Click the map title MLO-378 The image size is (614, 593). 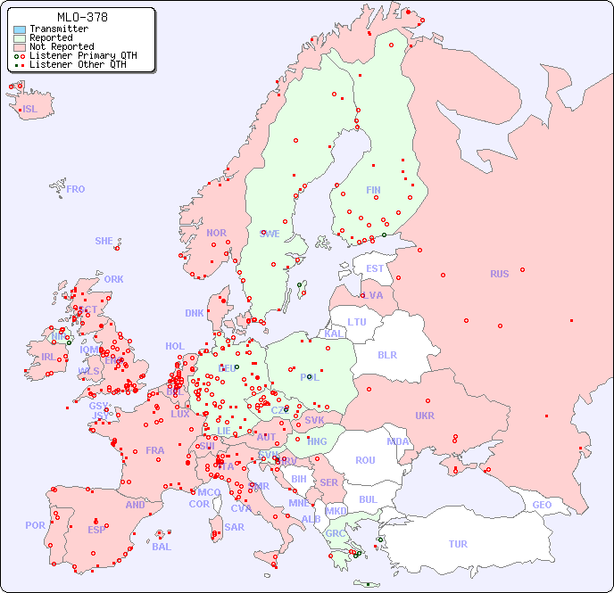pyautogui.click(x=83, y=17)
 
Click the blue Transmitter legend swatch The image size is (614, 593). pyautogui.click(x=20, y=29)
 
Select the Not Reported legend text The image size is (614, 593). pyautogui.click(x=62, y=46)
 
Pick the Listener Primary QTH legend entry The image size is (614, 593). pyautogui.click(x=83, y=55)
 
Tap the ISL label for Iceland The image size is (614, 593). pyautogui.click(x=30, y=110)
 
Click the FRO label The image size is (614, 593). pyautogui.click(x=76, y=189)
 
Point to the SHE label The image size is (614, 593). pyautogui.click(x=104, y=241)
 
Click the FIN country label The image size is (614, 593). pyautogui.click(x=373, y=190)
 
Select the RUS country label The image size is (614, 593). pyautogui.click(x=499, y=274)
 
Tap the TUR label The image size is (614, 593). pyautogui.click(x=458, y=544)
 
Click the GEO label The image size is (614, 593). pyautogui.click(x=542, y=505)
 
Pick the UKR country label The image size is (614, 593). pyautogui.click(x=425, y=416)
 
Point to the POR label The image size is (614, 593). pyautogui.click(x=35, y=525)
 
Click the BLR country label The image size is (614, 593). pyautogui.click(x=386, y=354)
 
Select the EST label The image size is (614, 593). pyautogui.click(x=375, y=268)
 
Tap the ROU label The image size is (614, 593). pyautogui.click(x=365, y=460)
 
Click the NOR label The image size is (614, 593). pyautogui.click(x=216, y=233)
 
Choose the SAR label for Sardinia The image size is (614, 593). pyautogui.click(x=234, y=527)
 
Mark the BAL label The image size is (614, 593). pyautogui.click(x=162, y=547)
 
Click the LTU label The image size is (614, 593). pyautogui.click(x=357, y=322)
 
